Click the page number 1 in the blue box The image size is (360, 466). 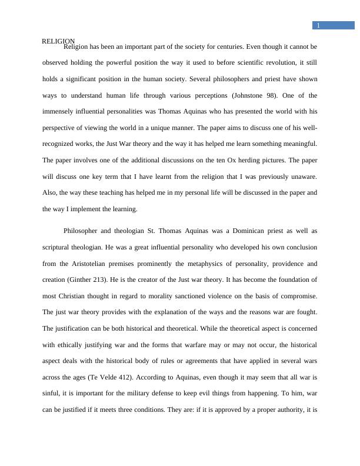(x=318, y=25)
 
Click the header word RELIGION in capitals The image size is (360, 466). (x=58, y=41)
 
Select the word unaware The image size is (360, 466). (x=304, y=176)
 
